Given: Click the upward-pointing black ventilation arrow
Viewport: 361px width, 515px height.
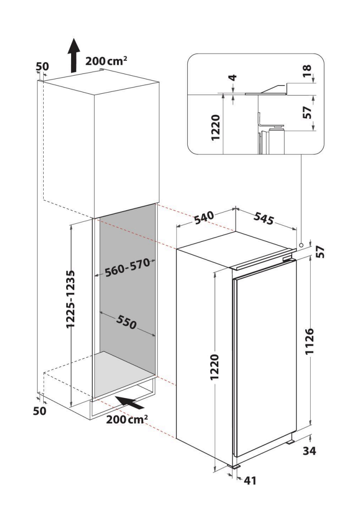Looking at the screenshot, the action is click(x=74, y=55).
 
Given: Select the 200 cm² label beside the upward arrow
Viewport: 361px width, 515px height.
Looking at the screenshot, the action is click(x=106, y=61).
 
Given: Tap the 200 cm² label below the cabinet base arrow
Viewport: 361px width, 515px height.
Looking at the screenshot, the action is click(x=127, y=419).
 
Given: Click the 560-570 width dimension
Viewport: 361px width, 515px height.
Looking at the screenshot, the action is click(x=127, y=267).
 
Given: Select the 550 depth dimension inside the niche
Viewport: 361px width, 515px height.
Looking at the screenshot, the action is click(x=126, y=322).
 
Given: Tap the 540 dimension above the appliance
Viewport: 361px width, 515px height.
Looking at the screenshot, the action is click(x=204, y=218).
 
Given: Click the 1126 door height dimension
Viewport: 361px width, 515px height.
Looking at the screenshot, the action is click(x=310, y=341).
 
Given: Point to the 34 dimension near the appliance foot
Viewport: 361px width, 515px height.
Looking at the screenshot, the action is click(x=309, y=451).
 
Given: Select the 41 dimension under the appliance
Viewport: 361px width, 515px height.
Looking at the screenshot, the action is click(x=250, y=480).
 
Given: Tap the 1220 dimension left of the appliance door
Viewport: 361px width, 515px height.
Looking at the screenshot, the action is click(x=215, y=366).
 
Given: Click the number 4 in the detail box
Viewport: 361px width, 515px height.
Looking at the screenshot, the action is click(x=232, y=78).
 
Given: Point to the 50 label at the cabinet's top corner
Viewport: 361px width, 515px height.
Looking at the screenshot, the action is click(x=42, y=66).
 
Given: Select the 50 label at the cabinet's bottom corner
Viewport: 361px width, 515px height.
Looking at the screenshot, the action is click(x=40, y=411).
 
